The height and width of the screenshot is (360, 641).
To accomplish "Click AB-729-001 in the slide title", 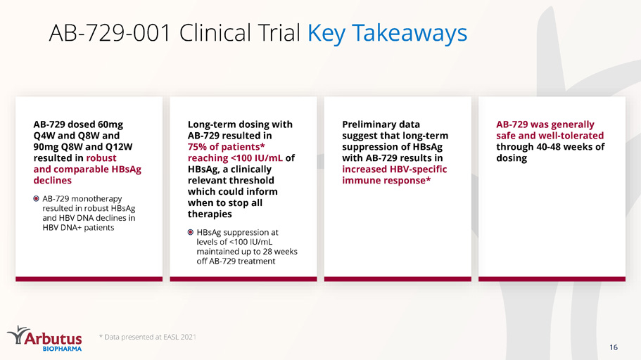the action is click(x=110, y=32).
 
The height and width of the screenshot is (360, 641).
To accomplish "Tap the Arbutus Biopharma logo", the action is click(x=44, y=338).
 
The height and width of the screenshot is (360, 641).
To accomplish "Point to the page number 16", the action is click(x=613, y=347).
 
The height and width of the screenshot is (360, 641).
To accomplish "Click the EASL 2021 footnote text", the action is click(x=148, y=337).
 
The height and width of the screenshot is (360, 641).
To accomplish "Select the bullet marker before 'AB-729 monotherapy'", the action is click(x=36, y=198).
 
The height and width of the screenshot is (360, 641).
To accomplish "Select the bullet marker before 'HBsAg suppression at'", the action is click(x=191, y=232).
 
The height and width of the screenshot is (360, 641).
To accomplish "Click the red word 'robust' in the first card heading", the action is click(x=101, y=158).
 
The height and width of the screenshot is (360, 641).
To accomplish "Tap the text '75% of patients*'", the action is click(x=226, y=147).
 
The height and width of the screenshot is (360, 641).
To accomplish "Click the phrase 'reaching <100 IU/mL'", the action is click(x=235, y=158).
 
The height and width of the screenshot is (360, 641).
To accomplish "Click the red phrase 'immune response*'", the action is click(x=386, y=181).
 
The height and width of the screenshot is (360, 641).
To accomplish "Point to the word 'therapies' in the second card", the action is click(x=210, y=214).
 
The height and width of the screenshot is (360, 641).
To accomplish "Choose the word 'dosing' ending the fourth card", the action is click(x=512, y=158).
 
